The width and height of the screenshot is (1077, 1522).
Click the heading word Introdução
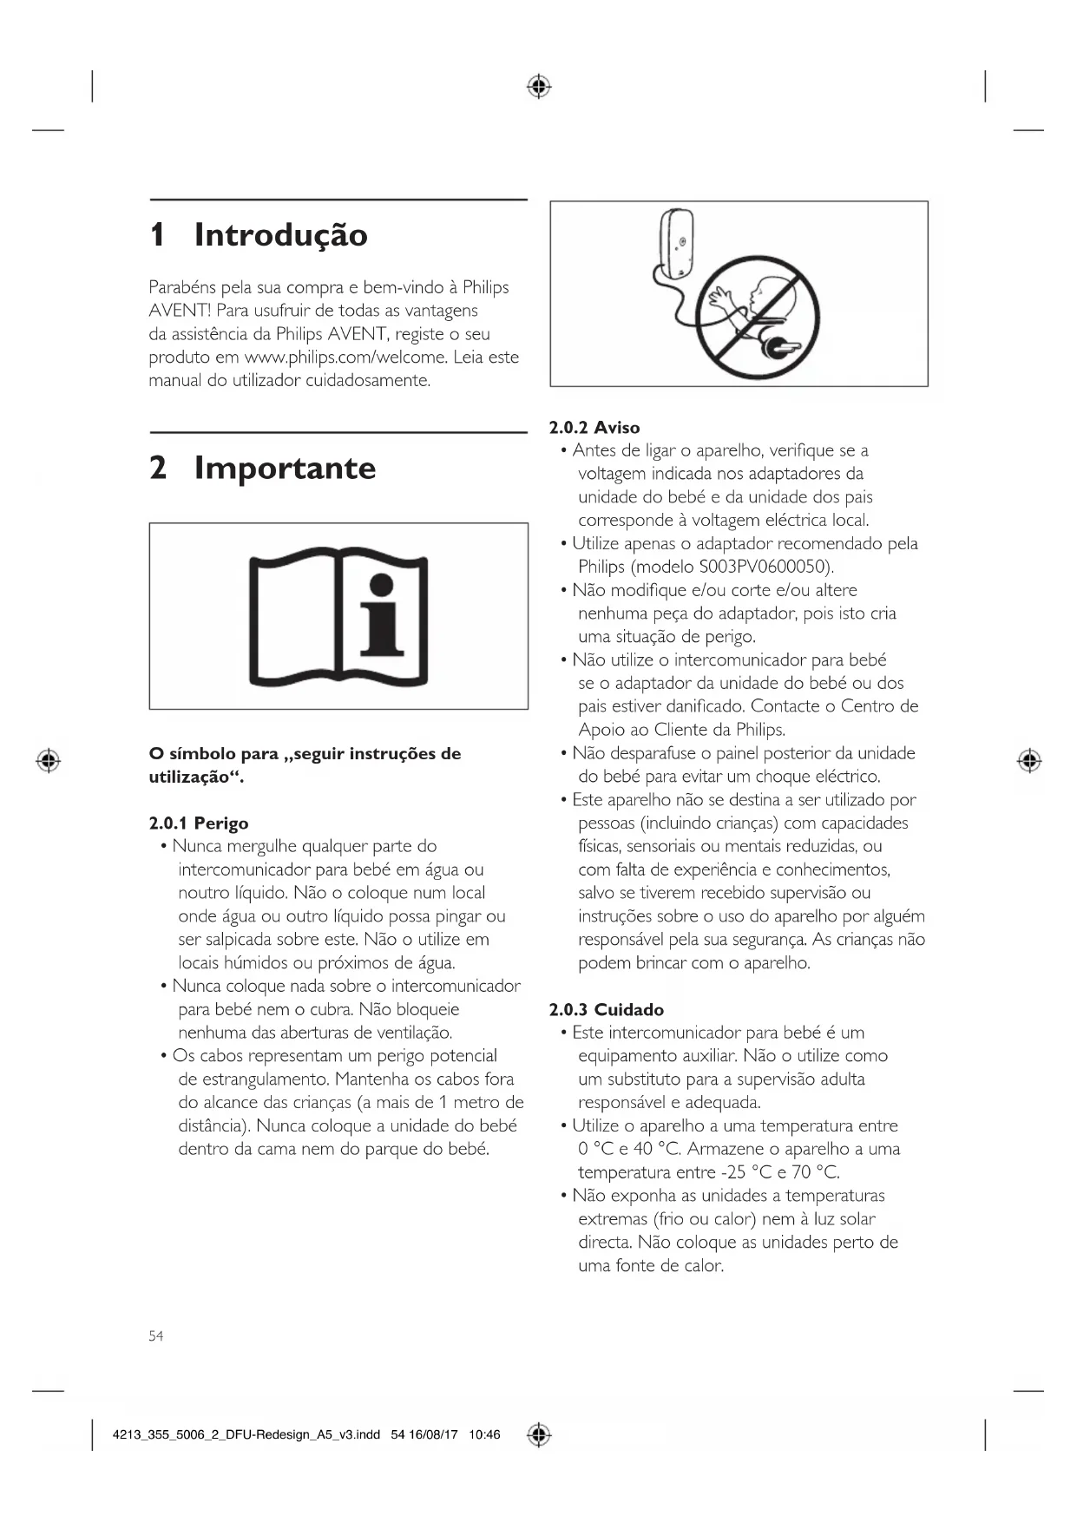pos(280,235)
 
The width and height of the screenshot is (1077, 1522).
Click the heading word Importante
pos(285,468)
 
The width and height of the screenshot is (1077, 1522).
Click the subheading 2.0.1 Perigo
pos(198,823)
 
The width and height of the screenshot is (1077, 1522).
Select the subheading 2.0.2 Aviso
pos(594,427)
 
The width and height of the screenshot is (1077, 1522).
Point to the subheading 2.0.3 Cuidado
pos(606,1009)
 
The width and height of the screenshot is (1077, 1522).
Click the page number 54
pos(155,1335)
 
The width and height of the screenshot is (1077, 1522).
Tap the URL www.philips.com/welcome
pos(345,357)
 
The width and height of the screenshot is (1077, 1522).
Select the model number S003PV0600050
pos(765,567)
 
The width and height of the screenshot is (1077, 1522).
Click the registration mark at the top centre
pos(539,87)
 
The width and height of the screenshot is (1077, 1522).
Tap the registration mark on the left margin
pos(49,761)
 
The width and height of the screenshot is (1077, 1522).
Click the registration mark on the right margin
pos(1029,761)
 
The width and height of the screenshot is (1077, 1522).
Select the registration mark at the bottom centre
pos(539,1435)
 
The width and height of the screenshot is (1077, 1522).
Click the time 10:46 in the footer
pos(484,1435)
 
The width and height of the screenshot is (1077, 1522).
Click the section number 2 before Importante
pos(158,468)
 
